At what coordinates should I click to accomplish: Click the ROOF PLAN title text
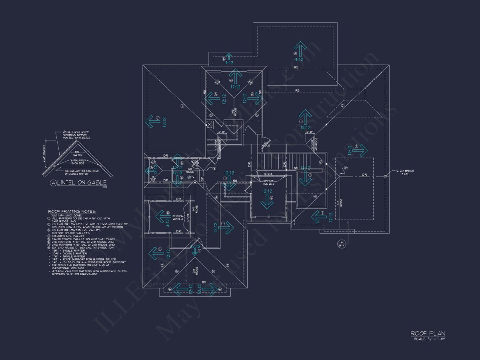[x=428, y=333]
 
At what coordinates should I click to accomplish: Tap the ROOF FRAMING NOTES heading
[x=72, y=211]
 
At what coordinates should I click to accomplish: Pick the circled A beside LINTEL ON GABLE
[x=54, y=183]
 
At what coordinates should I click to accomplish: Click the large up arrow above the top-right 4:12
[x=300, y=48]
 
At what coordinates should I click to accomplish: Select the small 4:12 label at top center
[x=229, y=63]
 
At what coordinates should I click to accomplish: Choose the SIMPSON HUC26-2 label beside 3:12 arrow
[x=178, y=217]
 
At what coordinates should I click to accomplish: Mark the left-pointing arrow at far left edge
[x=152, y=122]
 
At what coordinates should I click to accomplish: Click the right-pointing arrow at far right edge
[x=360, y=150]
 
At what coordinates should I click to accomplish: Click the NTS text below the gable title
[x=104, y=187]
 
